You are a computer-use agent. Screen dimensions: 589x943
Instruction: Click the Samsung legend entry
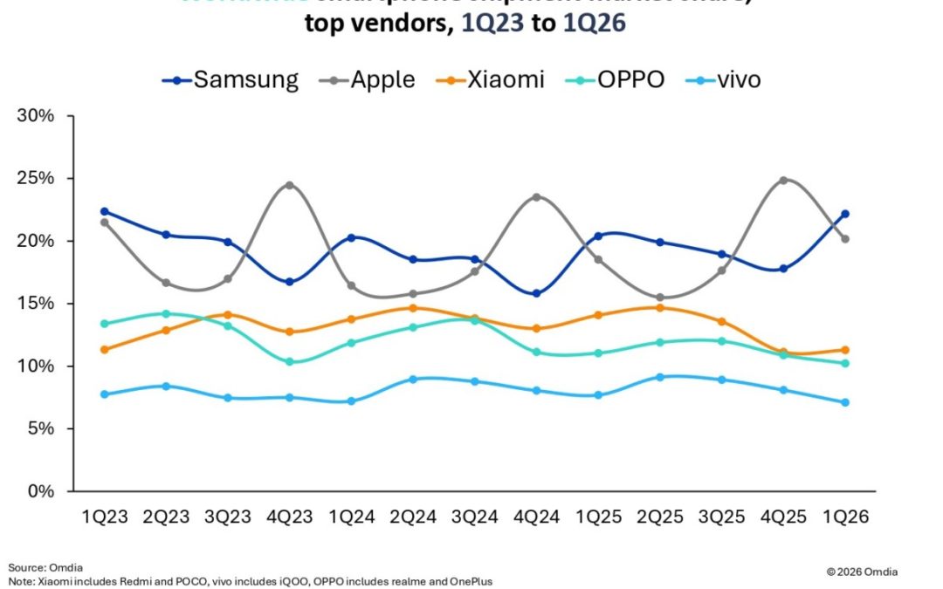(x=231, y=79)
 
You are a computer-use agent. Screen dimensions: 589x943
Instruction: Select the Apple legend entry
(x=368, y=79)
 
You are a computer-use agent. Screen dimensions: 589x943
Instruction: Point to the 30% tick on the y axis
(x=38, y=116)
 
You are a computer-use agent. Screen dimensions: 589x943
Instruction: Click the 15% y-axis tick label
(x=38, y=304)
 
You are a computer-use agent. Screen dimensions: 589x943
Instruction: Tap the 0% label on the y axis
(x=43, y=491)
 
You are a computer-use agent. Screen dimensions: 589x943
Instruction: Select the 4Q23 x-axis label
(x=290, y=517)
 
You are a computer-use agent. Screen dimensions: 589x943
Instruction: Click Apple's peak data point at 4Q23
(x=289, y=185)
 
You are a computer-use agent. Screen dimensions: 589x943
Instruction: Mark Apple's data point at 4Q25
(x=784, y=181)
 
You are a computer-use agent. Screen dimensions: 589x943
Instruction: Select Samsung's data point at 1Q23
(x=105, y=211)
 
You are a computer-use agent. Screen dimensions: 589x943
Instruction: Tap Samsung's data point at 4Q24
(x=537, y=293)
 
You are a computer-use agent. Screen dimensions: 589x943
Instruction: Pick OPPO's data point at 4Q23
(x=289, y=361)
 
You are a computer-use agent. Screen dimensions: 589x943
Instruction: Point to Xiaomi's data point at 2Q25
(x=660, y=307)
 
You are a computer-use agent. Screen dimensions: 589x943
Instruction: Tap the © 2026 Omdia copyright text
(x=861, y=572)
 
